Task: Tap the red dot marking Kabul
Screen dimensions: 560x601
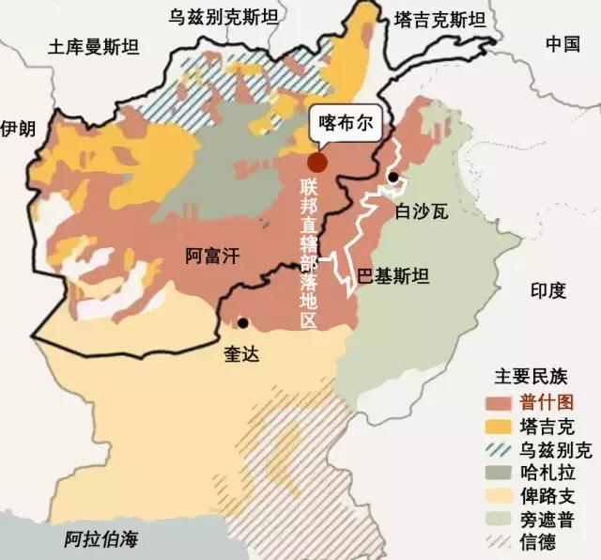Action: [318, 162]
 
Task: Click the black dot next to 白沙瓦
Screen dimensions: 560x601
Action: [393, 178]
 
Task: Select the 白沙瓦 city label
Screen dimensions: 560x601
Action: [422, 211]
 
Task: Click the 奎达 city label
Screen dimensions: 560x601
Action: [240, 354]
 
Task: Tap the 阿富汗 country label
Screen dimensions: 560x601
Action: [214, 255]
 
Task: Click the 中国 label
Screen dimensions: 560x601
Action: [562, 43]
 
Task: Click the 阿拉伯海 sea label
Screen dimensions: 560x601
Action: [100, 539]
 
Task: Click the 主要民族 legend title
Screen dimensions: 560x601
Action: [531, 379]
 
